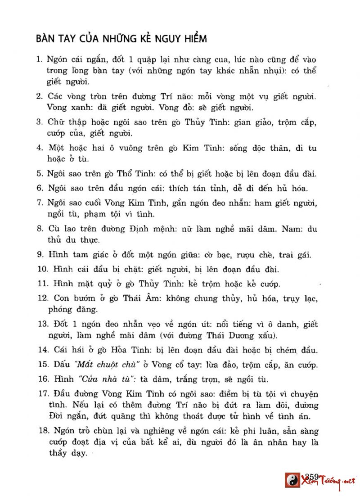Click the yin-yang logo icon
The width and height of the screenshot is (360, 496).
point(292,480)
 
